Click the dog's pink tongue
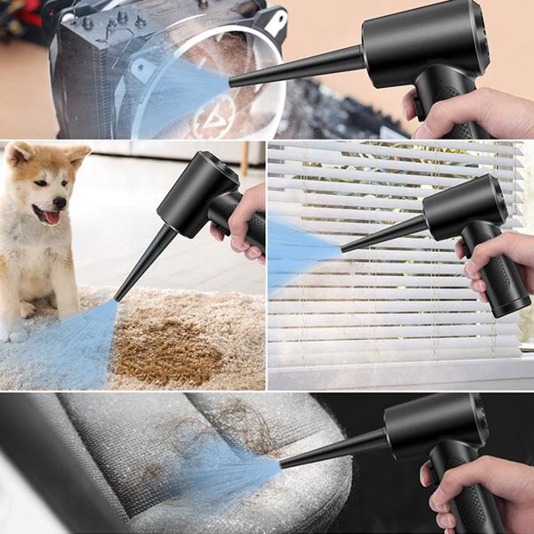point(52,216)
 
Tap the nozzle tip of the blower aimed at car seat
point(283,463)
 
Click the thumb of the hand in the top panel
point(411,105)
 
